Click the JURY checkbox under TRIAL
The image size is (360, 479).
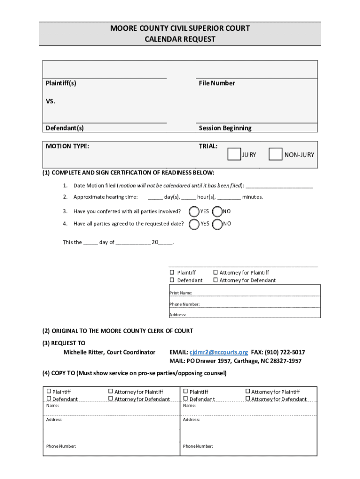point(234,154)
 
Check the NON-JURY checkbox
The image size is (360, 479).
point(275,154)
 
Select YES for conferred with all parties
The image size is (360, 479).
point(194,211)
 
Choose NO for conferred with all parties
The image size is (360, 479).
point(217,211)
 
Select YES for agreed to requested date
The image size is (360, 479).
point(194,224)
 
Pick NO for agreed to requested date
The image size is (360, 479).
point(217,224)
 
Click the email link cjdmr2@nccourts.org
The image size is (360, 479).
point(218,352)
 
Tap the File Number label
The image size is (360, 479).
point(216,83)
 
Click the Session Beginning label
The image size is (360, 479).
point(225,128)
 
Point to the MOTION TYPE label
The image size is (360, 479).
point(67,146)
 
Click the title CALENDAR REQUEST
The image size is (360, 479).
point(180,39)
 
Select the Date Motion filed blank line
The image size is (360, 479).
point(279,185)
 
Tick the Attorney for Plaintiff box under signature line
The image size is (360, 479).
point(216,272)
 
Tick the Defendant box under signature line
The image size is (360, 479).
point(172,280)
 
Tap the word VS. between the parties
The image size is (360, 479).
point(50,101)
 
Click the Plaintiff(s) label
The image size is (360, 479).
point(61,83)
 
